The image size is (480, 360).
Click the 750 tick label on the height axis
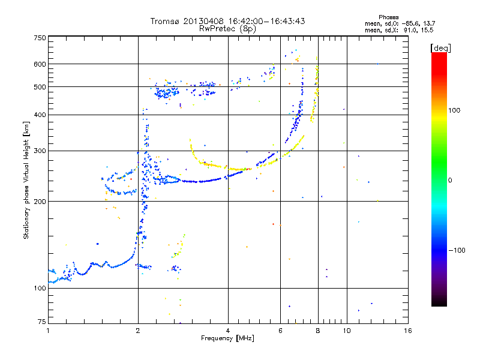pyautogui.click(x=40, y=38)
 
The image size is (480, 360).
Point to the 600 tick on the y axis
pyautogui.click(x=40, y=64)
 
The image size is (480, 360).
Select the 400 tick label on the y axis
pyautogui.click(x=40, y=115)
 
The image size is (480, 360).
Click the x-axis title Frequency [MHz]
pyautogui.click(x=227, y=338)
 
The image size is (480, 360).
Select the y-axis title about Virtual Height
pyautogui.click(x=26, y=180)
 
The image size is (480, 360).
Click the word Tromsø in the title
pyautogui.click(x=166, y=22)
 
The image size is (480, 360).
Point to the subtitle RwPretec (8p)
pyautogui.click(x=227, y=28)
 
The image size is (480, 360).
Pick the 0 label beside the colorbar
pyautogui.click(x=450, y=180)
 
